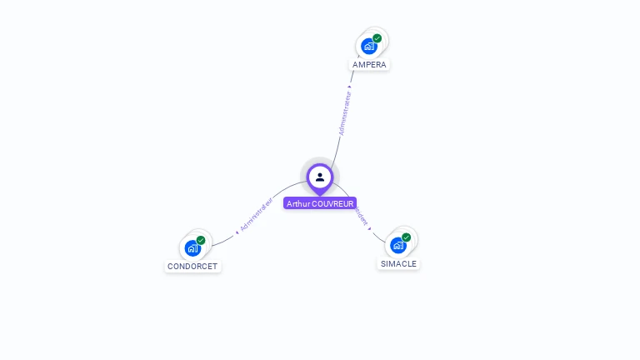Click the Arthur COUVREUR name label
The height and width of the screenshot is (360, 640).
pyautogui.click(x=320, y=203)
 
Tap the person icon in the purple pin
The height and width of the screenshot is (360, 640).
pyautogui.click(x=320, y=177)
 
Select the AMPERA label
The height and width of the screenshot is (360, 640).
pyautogui.click(x=369, y=64)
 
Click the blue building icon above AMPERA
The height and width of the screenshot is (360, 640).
pyautogui.click(x=368, y=47)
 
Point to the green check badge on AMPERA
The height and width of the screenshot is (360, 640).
pyautogui.click(x=377, y=38)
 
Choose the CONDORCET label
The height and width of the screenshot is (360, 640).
pyautogui.click(x=192, y=267)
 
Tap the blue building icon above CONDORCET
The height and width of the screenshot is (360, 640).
pyautogui.click(x=192, y=248)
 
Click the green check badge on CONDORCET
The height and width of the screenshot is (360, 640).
pyautogui.click(x=201, y=240)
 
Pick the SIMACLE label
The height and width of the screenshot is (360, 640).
pyautogui.click(x=398, y=263)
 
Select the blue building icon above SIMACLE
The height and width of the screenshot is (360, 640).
pyautogui.click(x=397, y=245)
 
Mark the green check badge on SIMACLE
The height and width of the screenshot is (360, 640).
pyautogui.click(x=407, y=237)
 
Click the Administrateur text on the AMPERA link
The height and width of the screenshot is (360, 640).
pyautogui.click(x=345, y=112)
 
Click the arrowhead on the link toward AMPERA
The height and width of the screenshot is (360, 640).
pyautogui.click(x=350, y=86)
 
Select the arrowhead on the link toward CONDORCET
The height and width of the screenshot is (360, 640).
pyautogui.click(x=237, y=232)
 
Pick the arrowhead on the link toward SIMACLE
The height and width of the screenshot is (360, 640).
pyautogui.click(x=370, y=228)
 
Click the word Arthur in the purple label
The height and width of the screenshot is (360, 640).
pyautogui.click(x=297, y=203)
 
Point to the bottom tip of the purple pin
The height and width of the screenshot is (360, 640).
pyautogui.click(x=320, y=195)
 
